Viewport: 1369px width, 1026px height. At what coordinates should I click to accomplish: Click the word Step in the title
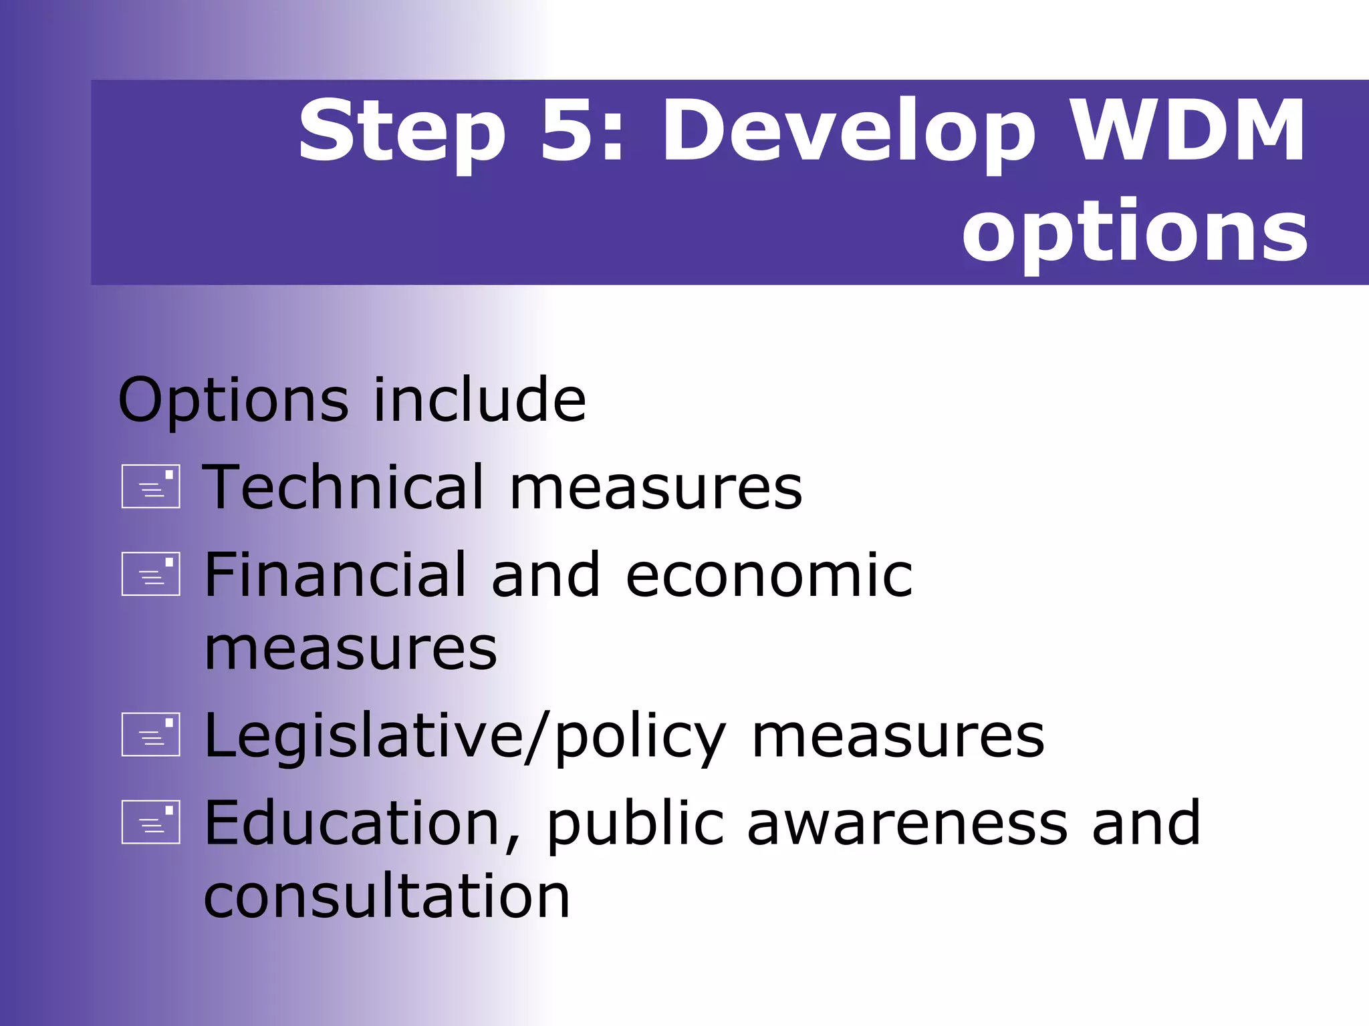(x=401, y=132)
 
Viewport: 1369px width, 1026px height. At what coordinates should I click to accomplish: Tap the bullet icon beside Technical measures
(x=151, y=486)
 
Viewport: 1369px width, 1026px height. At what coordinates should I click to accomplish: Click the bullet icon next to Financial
(x=151, y=574)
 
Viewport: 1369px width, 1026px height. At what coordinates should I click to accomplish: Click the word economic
(x=769, y=575)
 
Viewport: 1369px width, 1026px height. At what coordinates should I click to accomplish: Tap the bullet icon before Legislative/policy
(x=151, y=734)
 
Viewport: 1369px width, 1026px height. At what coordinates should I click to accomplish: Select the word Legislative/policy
(x=465, y=736)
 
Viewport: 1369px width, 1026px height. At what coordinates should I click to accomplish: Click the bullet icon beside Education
(x=151, y=822)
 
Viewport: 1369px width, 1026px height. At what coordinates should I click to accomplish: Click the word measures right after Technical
(x=656, y=488)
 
